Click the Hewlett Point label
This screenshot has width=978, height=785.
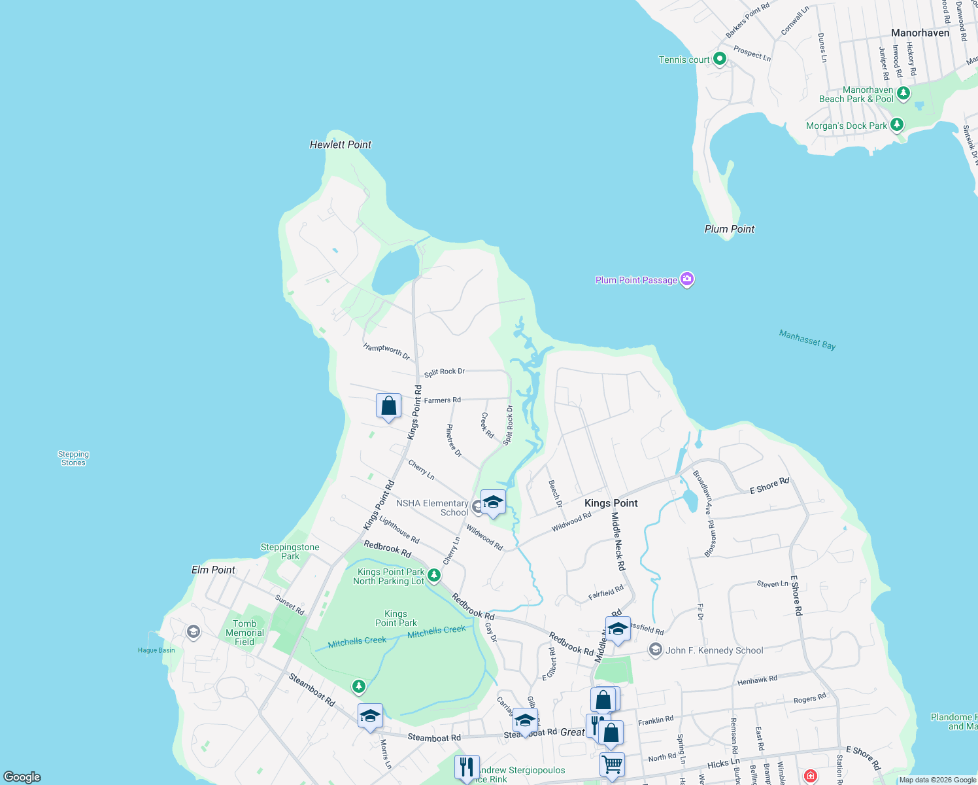point(340,145)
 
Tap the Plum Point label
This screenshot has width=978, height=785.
point(729,229)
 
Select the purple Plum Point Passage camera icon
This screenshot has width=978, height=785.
point(686,280)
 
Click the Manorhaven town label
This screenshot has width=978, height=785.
point(920,33)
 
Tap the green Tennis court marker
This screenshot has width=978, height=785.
point(720,60)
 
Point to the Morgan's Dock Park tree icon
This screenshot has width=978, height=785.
point(897,125)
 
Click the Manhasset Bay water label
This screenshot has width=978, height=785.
point(807,340)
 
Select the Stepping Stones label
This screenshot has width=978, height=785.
point(73,458)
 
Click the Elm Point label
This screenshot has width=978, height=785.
point(213,570)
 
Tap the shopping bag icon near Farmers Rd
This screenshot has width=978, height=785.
point(388,406)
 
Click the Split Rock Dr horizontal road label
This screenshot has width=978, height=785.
point(445,372)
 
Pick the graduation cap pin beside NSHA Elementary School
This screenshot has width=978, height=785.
point(493,502)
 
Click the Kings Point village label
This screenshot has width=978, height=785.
point(611,503)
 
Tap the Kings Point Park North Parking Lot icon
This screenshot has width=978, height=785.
point(433,576)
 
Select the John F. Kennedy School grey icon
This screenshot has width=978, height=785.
point(655,650)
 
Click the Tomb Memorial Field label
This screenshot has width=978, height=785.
point(244,633)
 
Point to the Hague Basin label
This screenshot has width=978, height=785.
point(156,650)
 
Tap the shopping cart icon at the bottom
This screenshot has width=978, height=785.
point(612,763)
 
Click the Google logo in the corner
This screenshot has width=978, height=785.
point(22,776)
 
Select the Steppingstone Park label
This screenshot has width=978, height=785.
point(290,551)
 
